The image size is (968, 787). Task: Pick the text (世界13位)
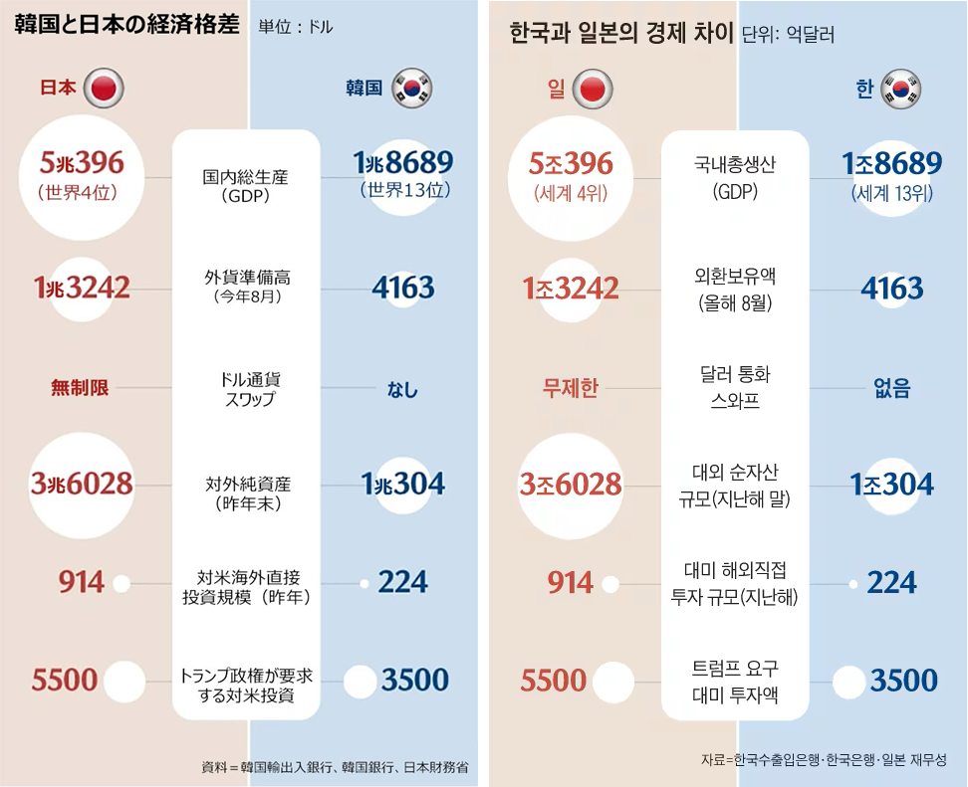pyautogui.click(x=402, y=191)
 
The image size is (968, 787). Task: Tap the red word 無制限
pyautogui.click(x=80, y=388)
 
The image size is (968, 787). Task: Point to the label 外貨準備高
pyautogui.click(x=246, y=278)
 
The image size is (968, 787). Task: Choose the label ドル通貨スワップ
pyautogui.click(x=246, y=389)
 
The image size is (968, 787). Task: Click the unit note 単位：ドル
pyautogui.click(x=295, y=28)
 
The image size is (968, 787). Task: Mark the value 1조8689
pyautogui.click(x=891, y=164)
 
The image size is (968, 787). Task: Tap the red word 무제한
pyautogui.click(x=570, y=387)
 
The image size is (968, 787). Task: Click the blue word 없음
pyautogui.click(x=892, y=388)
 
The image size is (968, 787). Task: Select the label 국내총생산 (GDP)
pyautogui.click(x=735, y=177)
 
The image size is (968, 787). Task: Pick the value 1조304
pyautogui.click(x=892, y=485)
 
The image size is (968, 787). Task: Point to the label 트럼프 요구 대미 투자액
pyautogui.click(x=735, y=681)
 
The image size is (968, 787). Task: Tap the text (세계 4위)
pyautogui.click(x=571, y=192)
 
